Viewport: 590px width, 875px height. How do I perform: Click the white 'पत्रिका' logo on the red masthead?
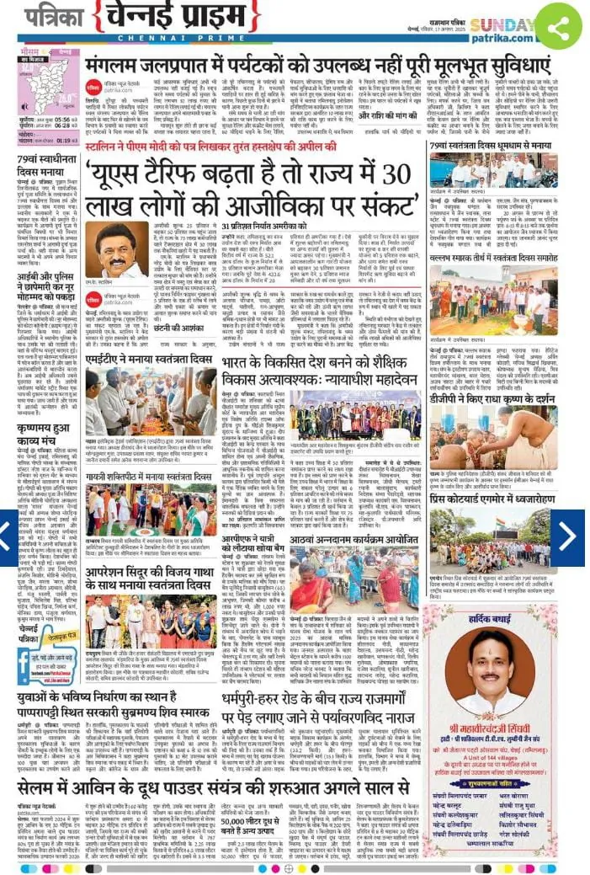tap(48, 16)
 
